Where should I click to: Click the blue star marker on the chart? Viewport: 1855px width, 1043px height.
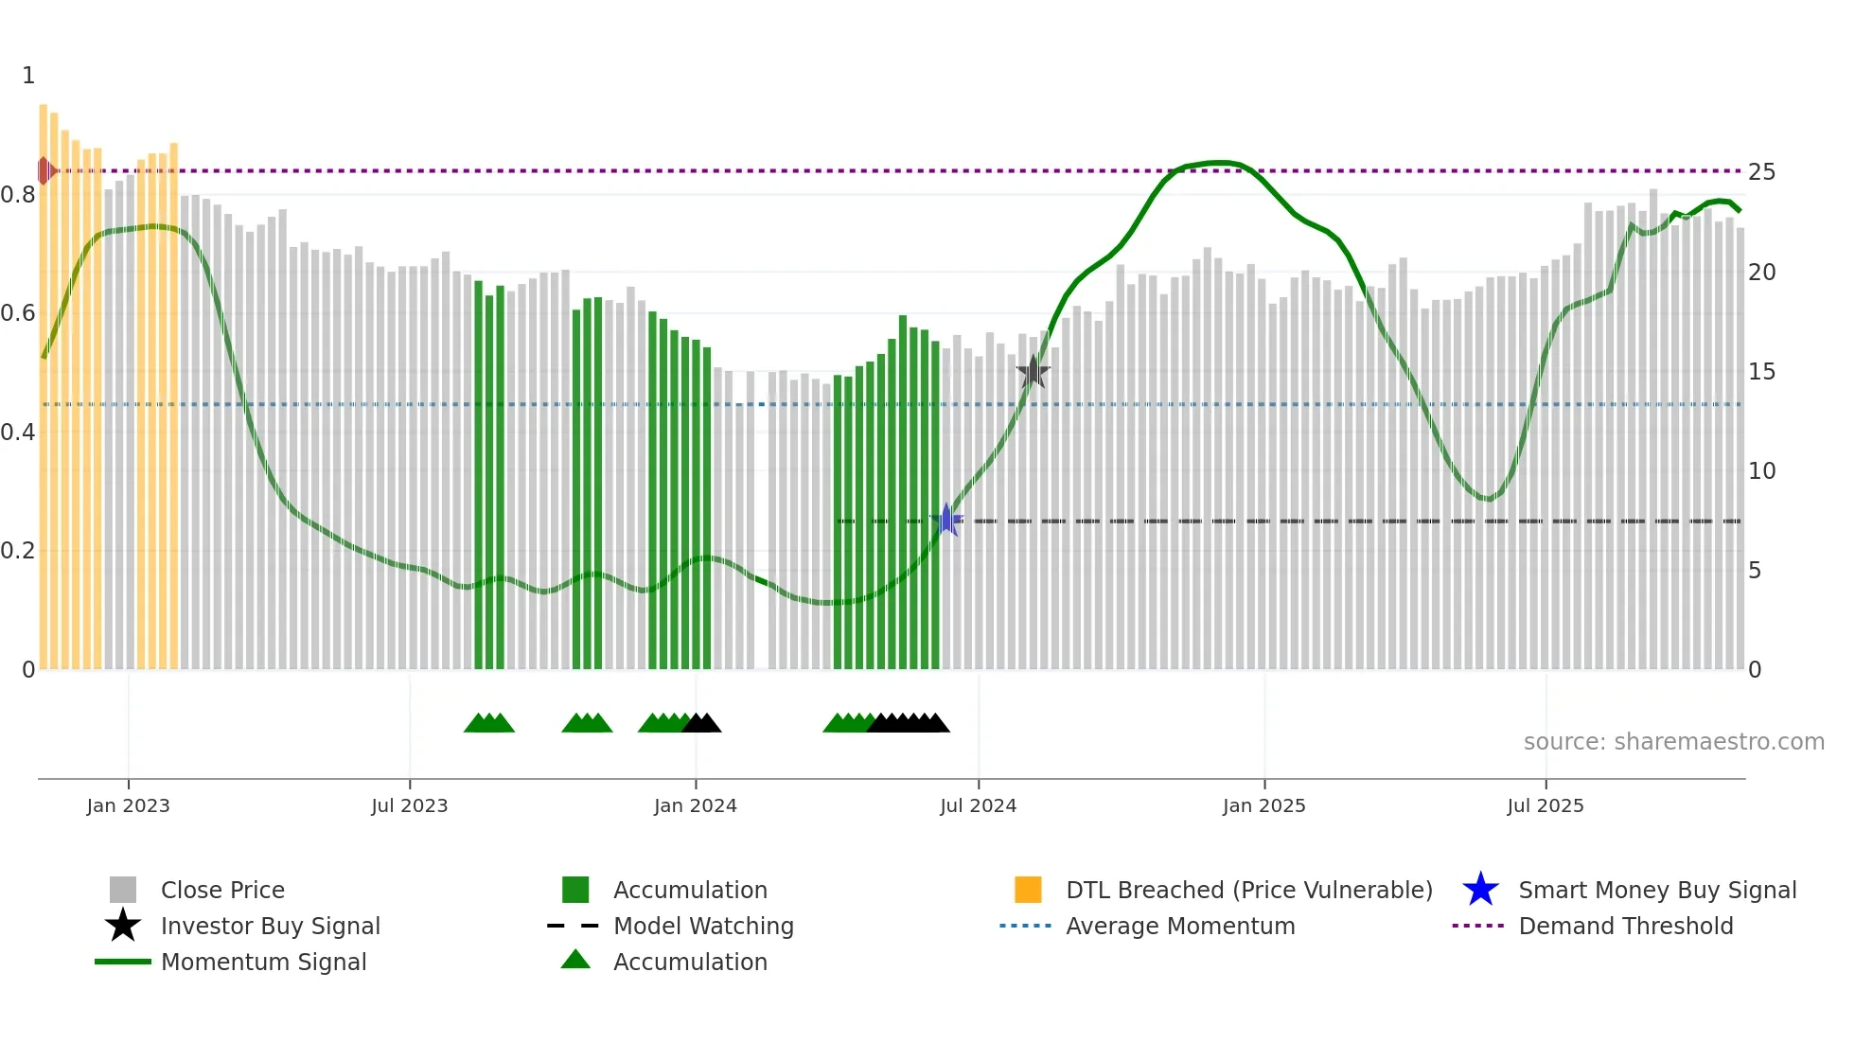coord(946,520)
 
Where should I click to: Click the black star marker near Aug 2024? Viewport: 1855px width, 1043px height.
coord(1033,371)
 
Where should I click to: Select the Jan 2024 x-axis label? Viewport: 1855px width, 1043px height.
coord(695,805)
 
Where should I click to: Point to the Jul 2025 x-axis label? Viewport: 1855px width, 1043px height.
coord(1545,805)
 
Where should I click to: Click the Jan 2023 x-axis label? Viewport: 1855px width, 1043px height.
coord(128,805)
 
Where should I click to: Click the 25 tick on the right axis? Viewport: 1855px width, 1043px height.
coord(1761,172)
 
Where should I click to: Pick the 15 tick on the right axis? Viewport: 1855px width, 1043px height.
coord(1761,372)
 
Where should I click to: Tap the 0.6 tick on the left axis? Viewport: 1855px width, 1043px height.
coord(18,313)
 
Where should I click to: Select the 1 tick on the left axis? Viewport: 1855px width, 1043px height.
coord(28,76)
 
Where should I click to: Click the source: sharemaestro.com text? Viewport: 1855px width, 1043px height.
coord(1673,742)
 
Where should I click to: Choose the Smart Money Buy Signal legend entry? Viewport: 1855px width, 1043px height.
coord(1656,890)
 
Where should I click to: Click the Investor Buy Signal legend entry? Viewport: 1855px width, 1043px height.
coord(270,926)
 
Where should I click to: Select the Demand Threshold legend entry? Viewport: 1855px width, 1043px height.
coord(1625,926)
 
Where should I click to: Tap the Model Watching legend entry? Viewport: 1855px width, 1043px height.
coord(702,926)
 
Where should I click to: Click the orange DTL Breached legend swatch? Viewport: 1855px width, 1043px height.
coord(1028,890)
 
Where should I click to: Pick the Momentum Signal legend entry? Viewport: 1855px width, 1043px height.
coord(263,962)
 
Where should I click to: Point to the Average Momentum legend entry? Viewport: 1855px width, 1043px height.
coord(1179,926)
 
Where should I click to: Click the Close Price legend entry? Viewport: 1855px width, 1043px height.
coord(222,890)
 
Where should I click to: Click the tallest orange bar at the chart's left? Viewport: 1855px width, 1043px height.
coord(44,379)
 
